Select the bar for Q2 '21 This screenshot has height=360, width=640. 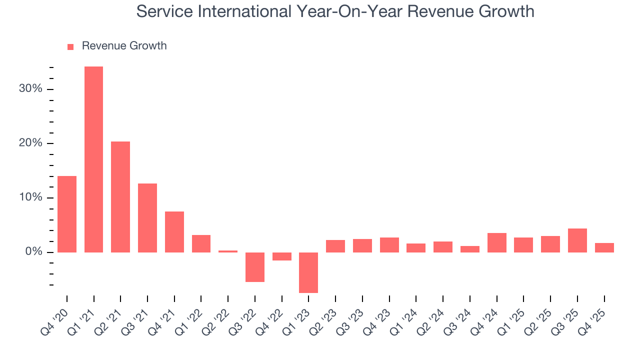(120, 197)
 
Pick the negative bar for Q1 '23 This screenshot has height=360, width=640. (308, 272)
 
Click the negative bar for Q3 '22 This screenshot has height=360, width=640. (255, 267)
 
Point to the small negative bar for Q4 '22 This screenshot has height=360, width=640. (282, 256)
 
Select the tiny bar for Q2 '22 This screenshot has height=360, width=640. (228, 251)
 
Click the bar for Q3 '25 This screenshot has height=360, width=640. (577, 240)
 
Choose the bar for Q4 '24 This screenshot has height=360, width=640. (497, 242)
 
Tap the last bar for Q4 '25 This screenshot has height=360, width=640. (604, 247)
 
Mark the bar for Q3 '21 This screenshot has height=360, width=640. (147, 218)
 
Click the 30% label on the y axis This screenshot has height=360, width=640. (31, 89)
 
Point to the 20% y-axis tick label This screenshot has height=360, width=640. (31, 143)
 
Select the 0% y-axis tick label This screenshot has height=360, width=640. (33, 252)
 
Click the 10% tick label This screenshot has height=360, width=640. (31, 197)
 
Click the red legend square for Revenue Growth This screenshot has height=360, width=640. (70, 46)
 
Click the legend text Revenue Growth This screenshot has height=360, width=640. (124, 46)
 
